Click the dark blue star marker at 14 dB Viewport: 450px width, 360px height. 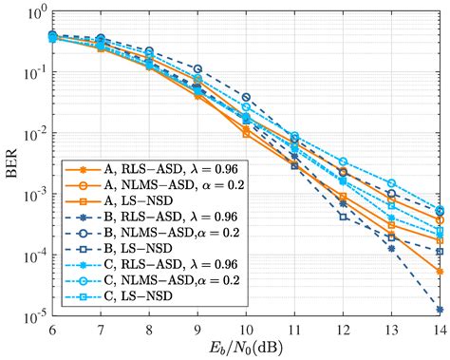coord(439,310)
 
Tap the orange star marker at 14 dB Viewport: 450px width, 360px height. coord(439,272)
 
